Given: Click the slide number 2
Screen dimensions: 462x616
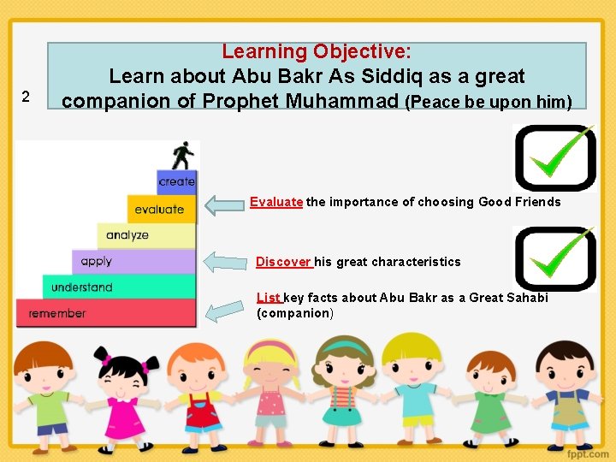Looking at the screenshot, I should click(x=26, y=97).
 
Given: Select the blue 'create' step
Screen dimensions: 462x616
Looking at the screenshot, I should click(x=177, y=181).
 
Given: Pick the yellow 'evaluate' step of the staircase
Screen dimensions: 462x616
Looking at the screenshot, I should click(x=160, y=209).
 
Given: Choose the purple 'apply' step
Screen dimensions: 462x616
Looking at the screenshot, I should click(x=98, y=261).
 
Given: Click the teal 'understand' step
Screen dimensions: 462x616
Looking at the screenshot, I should click(x=82, y=287).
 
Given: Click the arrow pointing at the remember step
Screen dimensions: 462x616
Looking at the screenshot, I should click(x=226, y=310).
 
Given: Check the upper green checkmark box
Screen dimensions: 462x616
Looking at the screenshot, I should click(x=554, y=157).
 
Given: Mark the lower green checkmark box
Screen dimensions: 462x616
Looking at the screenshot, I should click(x=554, y=258).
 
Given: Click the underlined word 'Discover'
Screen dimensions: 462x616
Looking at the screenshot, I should click(x=284, y=262).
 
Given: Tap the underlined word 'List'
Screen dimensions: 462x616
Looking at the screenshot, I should click(x=269, y=298).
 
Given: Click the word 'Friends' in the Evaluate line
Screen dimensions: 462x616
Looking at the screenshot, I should click(x=538, y=203).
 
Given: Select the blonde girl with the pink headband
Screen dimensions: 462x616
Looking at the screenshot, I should click(x=270, y=389).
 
